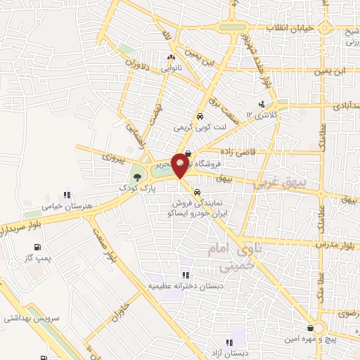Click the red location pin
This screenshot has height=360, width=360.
click(x=180, y=165)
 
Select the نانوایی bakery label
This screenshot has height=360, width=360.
click(x=172, y=69)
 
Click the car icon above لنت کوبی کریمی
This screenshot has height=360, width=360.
click(x=200, y=117)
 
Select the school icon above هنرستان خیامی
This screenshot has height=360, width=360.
click(x=67, y=194)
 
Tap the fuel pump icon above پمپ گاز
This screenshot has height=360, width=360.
click(x=37, y=247)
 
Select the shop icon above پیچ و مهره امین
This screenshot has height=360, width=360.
click(x=310, y=328)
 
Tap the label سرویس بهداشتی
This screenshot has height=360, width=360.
click(x=28, y=319)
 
